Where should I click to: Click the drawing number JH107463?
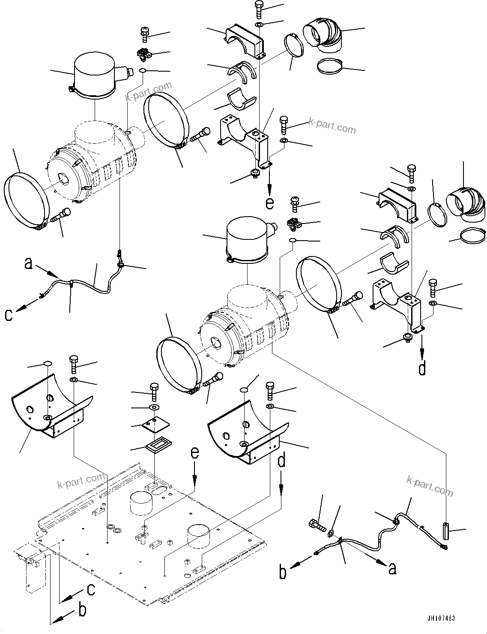(x=441, y=619)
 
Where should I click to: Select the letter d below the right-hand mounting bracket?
(x=422, y=368)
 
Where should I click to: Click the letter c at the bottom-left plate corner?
(x=91, y=590)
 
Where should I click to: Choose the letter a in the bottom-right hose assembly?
(x=391, y=569)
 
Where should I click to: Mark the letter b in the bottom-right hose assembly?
(x=283, y=573)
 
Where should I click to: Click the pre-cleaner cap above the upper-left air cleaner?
(x=95, y=75)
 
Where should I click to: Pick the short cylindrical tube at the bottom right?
(x=446, y=532)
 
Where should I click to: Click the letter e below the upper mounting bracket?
(x=269, y=202)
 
